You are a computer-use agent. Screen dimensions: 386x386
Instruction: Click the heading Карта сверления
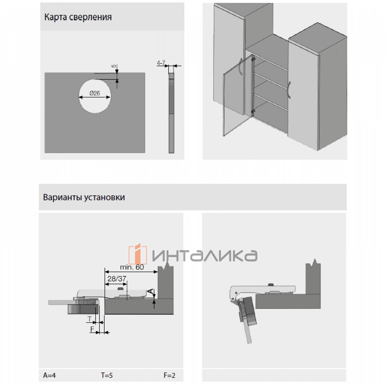[x=78, y=17]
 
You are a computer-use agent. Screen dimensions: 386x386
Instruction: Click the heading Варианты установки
[x=84, y=197]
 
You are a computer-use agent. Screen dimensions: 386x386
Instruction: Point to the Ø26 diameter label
[x=95, y=93]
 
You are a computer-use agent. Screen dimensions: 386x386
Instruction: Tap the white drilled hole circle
[x=95, y=96]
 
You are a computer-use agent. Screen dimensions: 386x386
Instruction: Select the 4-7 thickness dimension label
[x=161, y=63]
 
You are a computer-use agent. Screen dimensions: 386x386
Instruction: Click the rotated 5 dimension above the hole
[x=114, y=66]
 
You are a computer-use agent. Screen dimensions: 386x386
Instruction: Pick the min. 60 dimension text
[x=132, y=267]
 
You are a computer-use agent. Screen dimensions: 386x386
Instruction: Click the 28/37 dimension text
[x=117, y=279]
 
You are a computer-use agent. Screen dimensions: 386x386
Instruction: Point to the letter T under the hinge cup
[x=90, y=318]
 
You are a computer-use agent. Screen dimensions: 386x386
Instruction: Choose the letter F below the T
[x=92, y=329]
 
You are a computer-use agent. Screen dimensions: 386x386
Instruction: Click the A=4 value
[x=49, y=375]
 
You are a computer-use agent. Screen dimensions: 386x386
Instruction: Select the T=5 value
[x=107, y=375]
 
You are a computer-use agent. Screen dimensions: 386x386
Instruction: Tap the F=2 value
[x=170, y=375]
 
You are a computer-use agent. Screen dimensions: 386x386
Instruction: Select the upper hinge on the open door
[x=254, y=59]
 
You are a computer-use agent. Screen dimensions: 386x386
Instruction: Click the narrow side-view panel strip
[x=171, y=113]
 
